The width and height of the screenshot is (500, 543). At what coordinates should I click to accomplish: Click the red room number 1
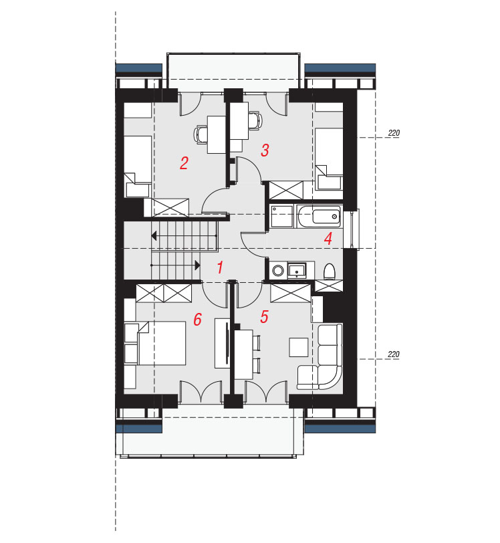pyautogui.click(x=220, y=267)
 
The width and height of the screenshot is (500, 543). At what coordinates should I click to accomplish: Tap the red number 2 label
pyautogui.click(x=184, y=163)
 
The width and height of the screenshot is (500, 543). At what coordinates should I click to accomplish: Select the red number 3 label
pyautogui.click(x=265, y=150)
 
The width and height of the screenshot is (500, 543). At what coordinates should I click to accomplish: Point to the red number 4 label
pyautogui.click(x=328, y=239)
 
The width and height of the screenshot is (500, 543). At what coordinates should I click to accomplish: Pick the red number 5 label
pyautogui.click(x=265, y=316)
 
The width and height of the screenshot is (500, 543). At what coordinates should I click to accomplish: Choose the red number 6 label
pyautogui.click(x=197, y=319)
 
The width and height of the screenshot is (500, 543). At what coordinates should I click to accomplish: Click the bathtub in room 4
pyautogui.click(x=319, y=217)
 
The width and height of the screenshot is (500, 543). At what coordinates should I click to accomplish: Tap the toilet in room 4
pyautogui.click(x=330, y=271)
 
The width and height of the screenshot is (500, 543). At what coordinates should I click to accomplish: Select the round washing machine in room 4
pyautogui.click(x=278, y=270)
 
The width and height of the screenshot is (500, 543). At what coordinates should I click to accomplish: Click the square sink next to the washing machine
pyautogui.click(x=297, y=270)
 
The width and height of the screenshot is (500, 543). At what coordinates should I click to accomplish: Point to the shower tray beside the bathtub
pyautogui.click(x=281, y=216)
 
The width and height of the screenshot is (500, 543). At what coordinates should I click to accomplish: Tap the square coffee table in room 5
pyautogui.click(x=299, y=347)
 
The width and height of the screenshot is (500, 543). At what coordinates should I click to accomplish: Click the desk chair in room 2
pyautogui.click(x=200, y=134)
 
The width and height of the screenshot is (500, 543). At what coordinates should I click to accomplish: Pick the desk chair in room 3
pyautogui.click(x=255, y=120)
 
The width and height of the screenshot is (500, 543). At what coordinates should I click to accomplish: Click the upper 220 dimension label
pyautogui.click(x=394, y=132)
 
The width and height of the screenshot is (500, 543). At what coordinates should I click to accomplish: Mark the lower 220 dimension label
pyautogui.click(x=394, y=354)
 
